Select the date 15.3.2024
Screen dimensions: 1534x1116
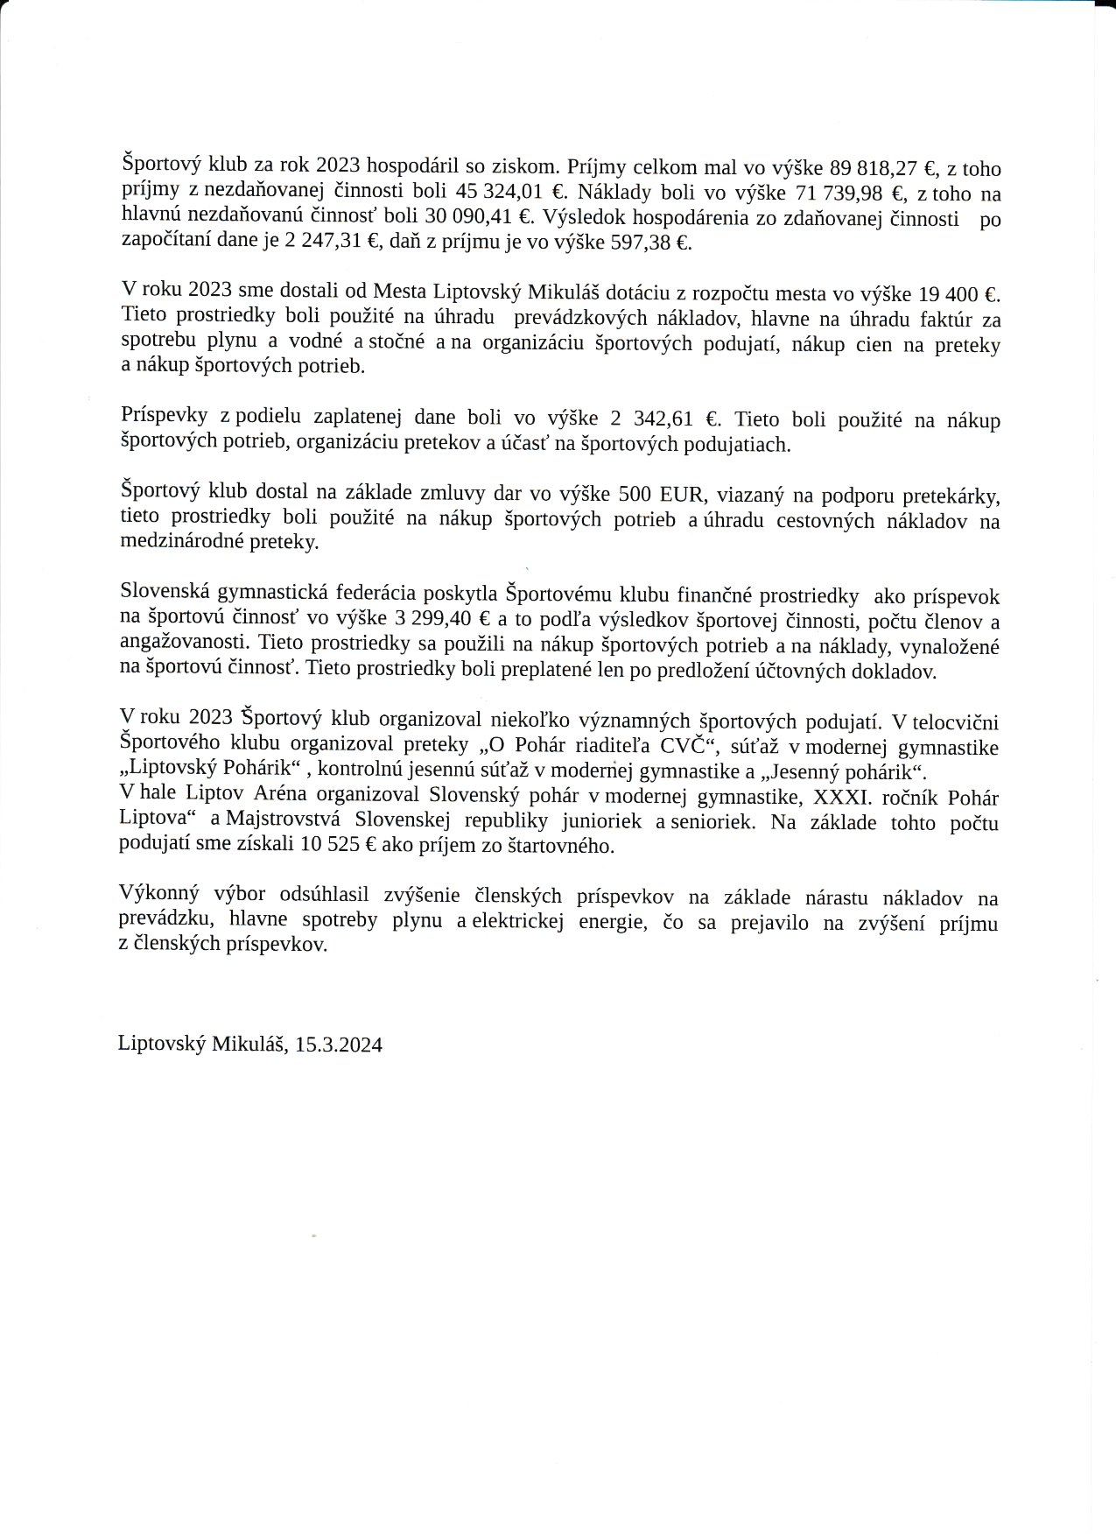[x=339, y=1045]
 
